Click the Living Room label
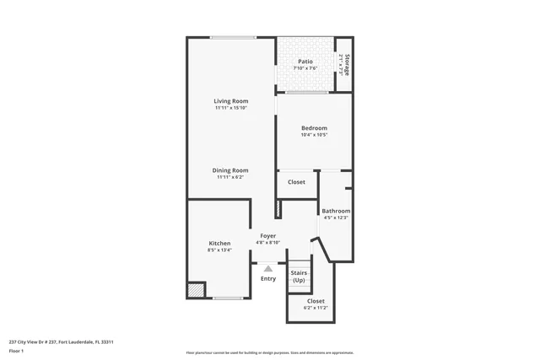tap(230, 101)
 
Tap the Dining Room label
tap(230, 170)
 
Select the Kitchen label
tap(219, 243)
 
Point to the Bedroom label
tap(314, 128)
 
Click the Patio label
tap(305, 62)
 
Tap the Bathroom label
tap(336, 211)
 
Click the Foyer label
tap(267, 236)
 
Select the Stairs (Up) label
tap(299, 277)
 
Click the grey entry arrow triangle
tap(268, 268)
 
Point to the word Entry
tap(268, 278)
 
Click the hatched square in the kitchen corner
tap(196, 289)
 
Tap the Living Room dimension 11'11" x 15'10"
tap(230, 108)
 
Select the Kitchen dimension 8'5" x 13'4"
tap(219, 250)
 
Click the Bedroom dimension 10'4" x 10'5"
tap(314, 135)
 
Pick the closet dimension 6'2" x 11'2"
tap(316, 308)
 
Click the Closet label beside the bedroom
tap(297, 182)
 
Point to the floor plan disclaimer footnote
tap(269, 352)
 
